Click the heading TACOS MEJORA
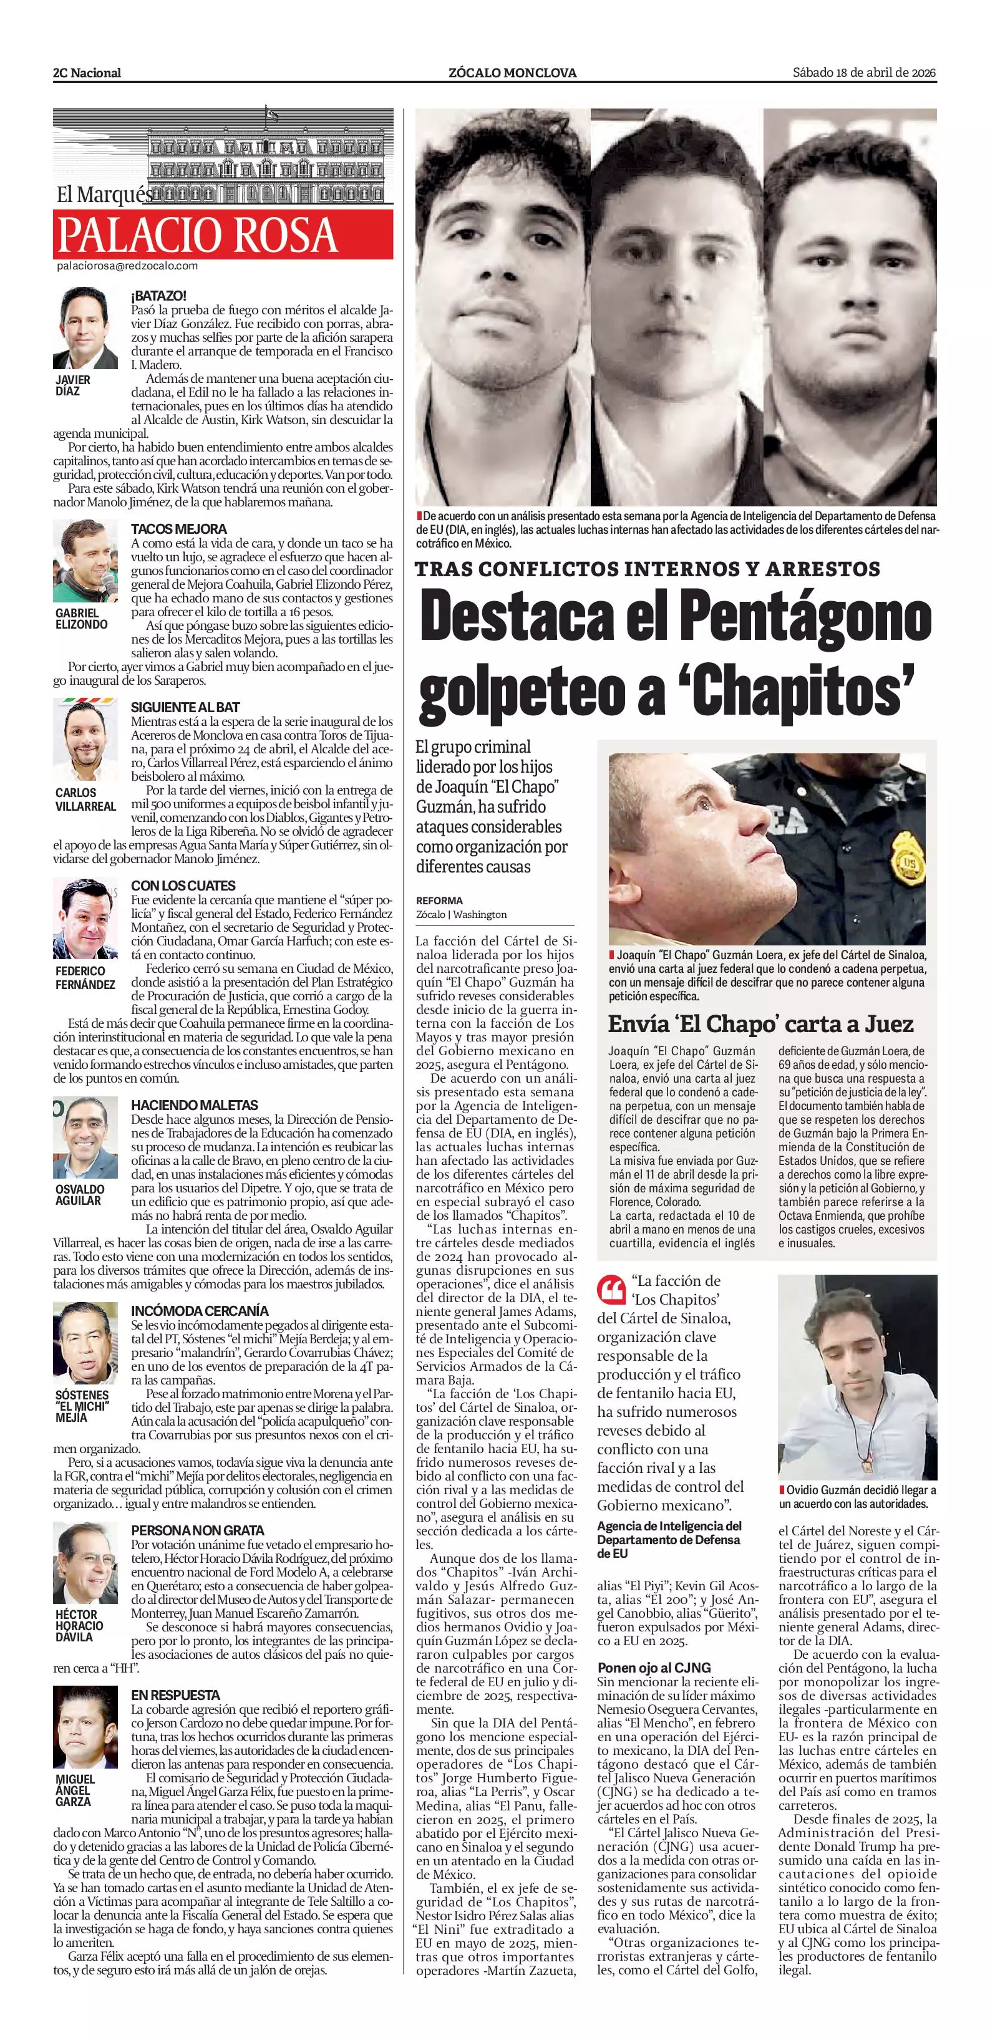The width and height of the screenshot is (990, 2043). (x=178, y=529)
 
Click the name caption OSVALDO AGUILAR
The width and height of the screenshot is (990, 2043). (x=79, y=1195)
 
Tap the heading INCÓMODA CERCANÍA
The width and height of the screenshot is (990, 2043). (x=200, y=1311)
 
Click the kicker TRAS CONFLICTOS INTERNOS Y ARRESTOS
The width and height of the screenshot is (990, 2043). (x=648, y=569)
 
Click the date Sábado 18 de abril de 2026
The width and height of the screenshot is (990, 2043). (x=865, y=72)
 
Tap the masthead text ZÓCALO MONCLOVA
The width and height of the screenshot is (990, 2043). (x=512, y=73)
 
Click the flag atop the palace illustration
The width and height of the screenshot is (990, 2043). (x=272, y=114)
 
